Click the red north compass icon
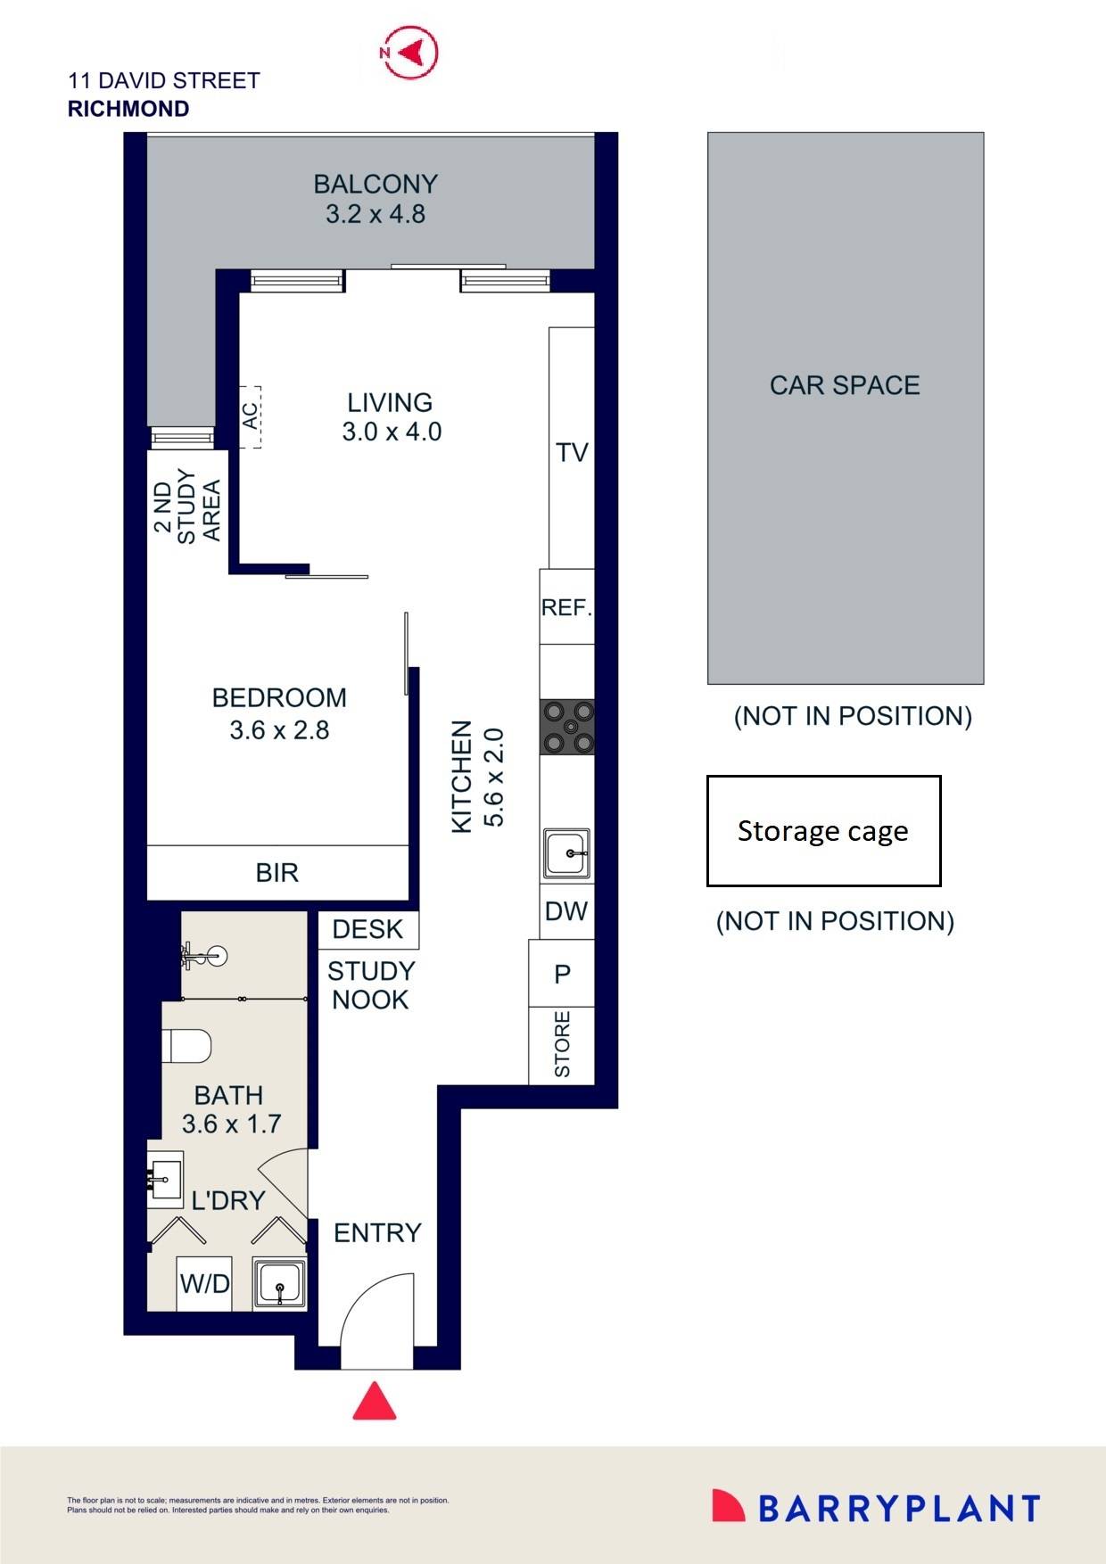point(409,53)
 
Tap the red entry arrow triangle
point(375,1403)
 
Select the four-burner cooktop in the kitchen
point(567,727)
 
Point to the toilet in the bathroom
point(188,1045)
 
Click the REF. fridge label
point(566,608)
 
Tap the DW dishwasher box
point(566,911)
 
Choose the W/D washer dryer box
point(205,1284)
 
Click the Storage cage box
point(823,831)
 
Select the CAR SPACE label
point(845,385)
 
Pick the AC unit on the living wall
point(251,416)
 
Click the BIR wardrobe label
point(277,873)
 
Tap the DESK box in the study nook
point(367,929)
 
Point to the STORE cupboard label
point(562,1044)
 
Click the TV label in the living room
point(572,453)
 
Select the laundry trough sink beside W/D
point(279,1284)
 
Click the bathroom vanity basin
point(166,1179)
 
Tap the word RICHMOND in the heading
point(128,109)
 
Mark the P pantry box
point(562,974)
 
